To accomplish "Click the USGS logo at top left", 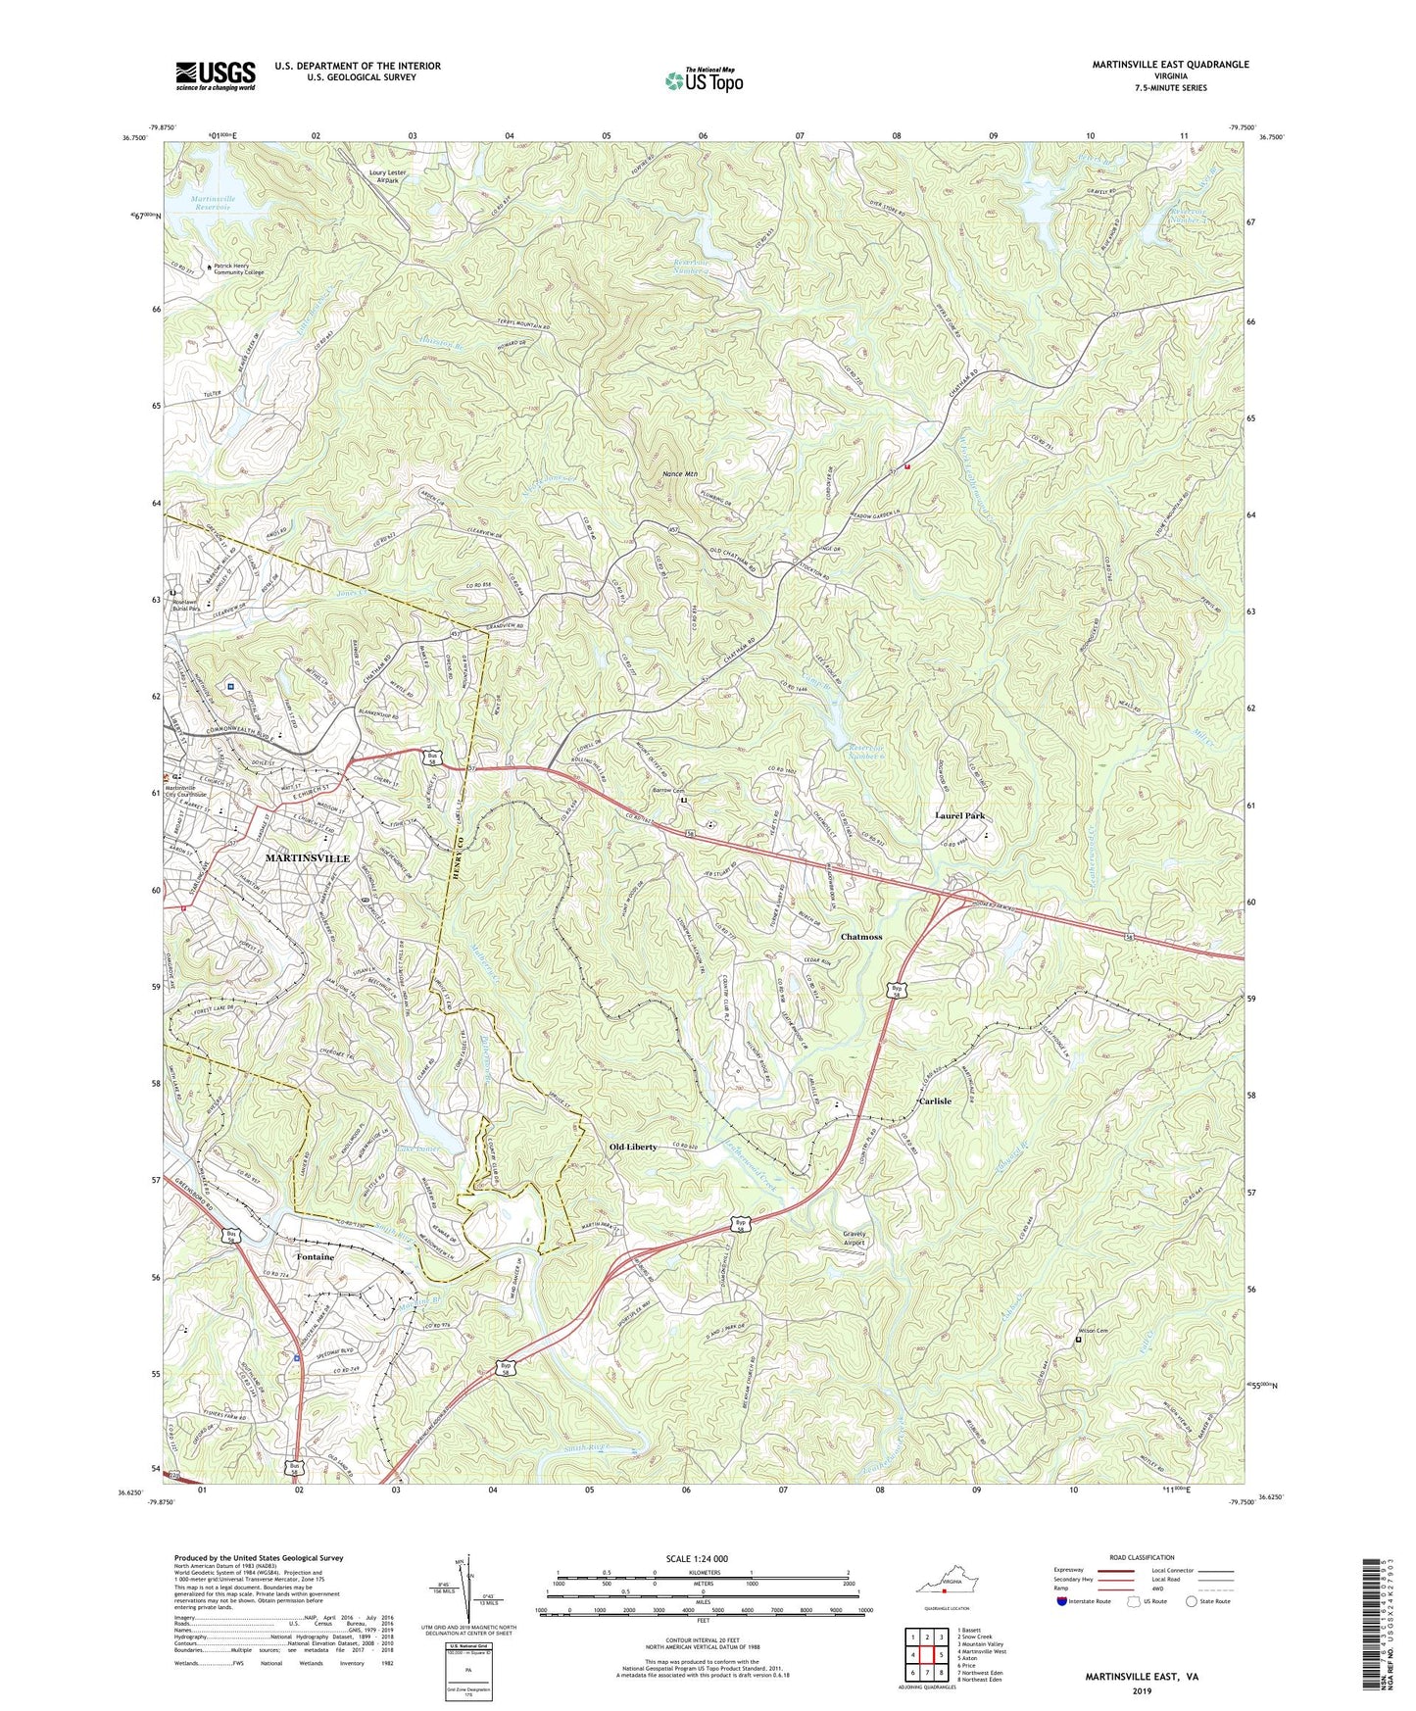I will (x=216, y=75).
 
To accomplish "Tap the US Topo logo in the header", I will (x=703, y=80).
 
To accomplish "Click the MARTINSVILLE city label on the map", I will (x=308, y=857).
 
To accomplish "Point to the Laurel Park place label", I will (x=958, y=815).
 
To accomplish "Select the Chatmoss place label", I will (x=861, y=937).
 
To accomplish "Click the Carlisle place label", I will (x=934, y=1101).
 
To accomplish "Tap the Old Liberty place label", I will (x=633, y=1147).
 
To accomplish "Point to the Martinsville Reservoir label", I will (x=212, y=203).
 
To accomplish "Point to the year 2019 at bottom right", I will (x=1141, y=1691).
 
